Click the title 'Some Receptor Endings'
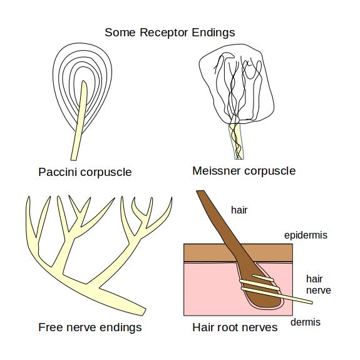pyautogui.click(x=170, y=32)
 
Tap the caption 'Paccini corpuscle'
pyautogui.click(x=85, y=172)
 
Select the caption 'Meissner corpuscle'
pyautogui.click(x=244, y=170)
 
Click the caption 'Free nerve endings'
pyautogui.click(x=90, y=327)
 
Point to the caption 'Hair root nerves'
pyautogui.click(x=235, y=327)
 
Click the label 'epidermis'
pyautogui.click(x=306, y=235)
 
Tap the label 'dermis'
pyautogui.click(x=306, y=322)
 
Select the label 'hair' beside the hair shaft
pyautogui.click(x=239, y=210)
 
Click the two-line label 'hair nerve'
pyautogui.click(x=318, y=284)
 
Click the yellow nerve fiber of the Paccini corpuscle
pyautogui.click(x=78, y=135)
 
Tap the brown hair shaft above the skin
pyautogui.click(x=213, y=216)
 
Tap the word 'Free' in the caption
pyautogui.click(x=50, y=327)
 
